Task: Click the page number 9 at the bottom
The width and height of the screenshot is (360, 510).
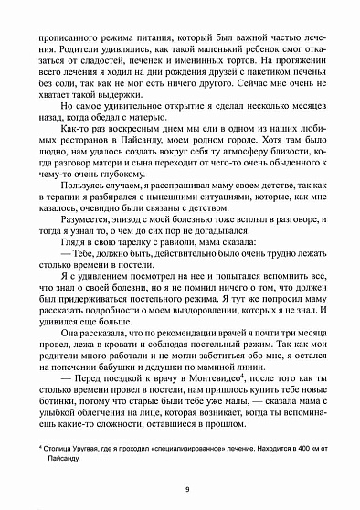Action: point(185,490)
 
